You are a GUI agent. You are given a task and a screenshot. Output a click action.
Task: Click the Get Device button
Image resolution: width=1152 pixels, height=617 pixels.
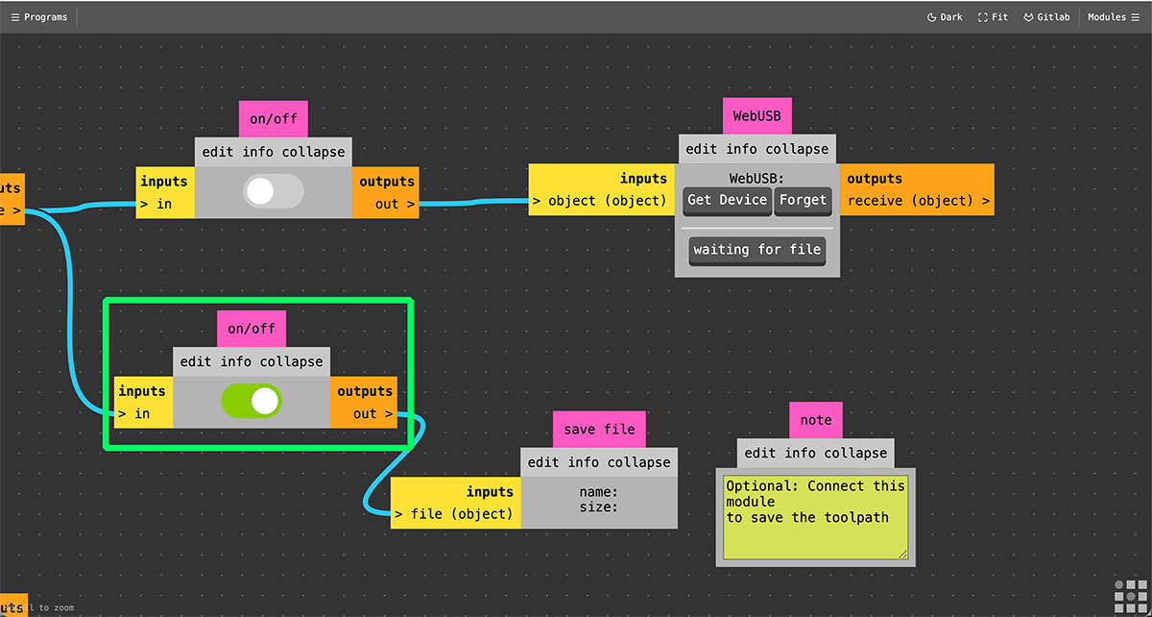click(728, 200)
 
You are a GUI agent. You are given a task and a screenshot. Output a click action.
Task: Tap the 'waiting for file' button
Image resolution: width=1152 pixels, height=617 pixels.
click(757, 249)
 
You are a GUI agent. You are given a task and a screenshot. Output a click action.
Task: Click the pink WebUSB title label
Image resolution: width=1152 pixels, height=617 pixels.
click(757, 115)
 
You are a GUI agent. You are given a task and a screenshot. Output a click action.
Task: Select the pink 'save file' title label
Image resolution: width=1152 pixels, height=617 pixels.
click(599, 429)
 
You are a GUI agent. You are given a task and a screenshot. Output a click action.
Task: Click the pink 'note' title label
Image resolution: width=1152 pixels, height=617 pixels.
click(816, 420)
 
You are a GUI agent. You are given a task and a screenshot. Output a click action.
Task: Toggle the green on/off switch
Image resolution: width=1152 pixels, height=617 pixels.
click(251, 401)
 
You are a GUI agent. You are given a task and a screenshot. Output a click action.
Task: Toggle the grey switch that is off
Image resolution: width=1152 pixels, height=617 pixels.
click(274, 191)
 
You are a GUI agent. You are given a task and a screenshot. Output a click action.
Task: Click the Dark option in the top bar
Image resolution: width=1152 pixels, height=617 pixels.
click(945, 17)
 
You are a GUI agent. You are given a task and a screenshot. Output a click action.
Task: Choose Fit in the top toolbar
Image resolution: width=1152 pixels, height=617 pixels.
click(994, 17)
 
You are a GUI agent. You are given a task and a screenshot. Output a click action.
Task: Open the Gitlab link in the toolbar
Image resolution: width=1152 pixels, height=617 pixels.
click(1046, 17)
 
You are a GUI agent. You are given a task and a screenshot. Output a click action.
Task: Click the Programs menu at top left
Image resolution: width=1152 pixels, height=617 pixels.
click(39, 17)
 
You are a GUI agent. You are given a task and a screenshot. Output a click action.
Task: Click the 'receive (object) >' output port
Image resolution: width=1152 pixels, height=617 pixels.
click(919, 202)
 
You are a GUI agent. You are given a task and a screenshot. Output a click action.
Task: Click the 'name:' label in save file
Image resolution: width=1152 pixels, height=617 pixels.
click(598, 492)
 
